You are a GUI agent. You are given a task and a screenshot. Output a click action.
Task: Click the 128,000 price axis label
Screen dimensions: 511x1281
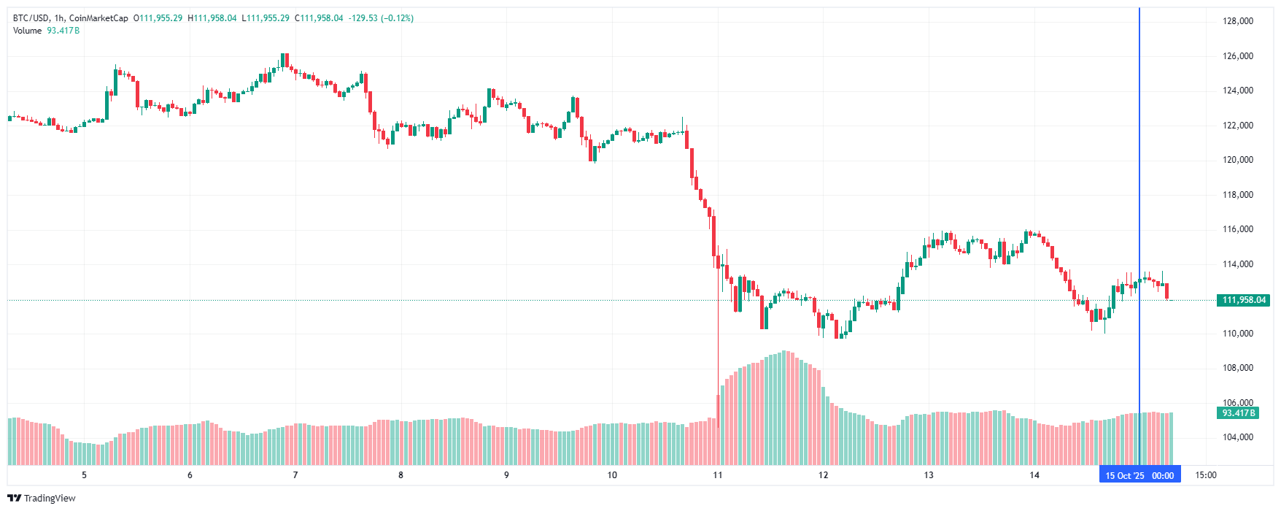click(x=1237, y=21)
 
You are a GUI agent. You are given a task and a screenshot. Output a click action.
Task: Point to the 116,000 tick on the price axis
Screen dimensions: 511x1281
click(x=1237, y=229)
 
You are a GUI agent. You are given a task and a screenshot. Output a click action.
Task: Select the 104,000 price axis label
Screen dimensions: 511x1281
click(x=1237, y=437)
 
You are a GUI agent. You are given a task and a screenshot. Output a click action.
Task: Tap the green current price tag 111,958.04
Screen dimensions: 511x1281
click(x=1244, y=300)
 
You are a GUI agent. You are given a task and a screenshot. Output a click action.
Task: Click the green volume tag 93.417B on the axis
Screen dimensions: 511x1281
click(x=1239, y=413)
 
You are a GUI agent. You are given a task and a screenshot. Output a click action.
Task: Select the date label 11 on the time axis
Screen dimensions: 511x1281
click(x=718, y=475)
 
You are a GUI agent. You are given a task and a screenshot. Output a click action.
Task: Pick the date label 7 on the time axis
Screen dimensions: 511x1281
click(x=295, y=475)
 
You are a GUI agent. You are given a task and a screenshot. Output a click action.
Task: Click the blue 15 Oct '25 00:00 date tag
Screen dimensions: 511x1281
click(x=1139, y=475)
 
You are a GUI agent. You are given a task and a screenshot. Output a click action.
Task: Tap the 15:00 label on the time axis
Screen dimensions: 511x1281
click(x=1206, y=475)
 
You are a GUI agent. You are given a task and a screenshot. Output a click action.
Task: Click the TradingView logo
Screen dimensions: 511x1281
click(x=42, y=498)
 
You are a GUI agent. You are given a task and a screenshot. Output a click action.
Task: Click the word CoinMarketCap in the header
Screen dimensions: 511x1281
click(x=98, y=18)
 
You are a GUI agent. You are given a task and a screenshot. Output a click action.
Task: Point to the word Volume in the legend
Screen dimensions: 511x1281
click(x=28, y=31)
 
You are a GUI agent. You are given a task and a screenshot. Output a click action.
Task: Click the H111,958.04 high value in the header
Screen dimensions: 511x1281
click(x=212, y=18)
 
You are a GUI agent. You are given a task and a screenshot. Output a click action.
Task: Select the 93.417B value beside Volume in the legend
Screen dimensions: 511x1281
click(x=63, y=31)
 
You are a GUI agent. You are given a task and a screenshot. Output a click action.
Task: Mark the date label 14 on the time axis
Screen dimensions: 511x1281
click(x=1034, y=475)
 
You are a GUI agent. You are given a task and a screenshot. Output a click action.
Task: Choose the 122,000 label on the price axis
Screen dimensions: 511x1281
click(x=1237, y=126)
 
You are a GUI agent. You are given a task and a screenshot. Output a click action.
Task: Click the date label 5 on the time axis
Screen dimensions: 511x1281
click(x=84, y=475)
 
